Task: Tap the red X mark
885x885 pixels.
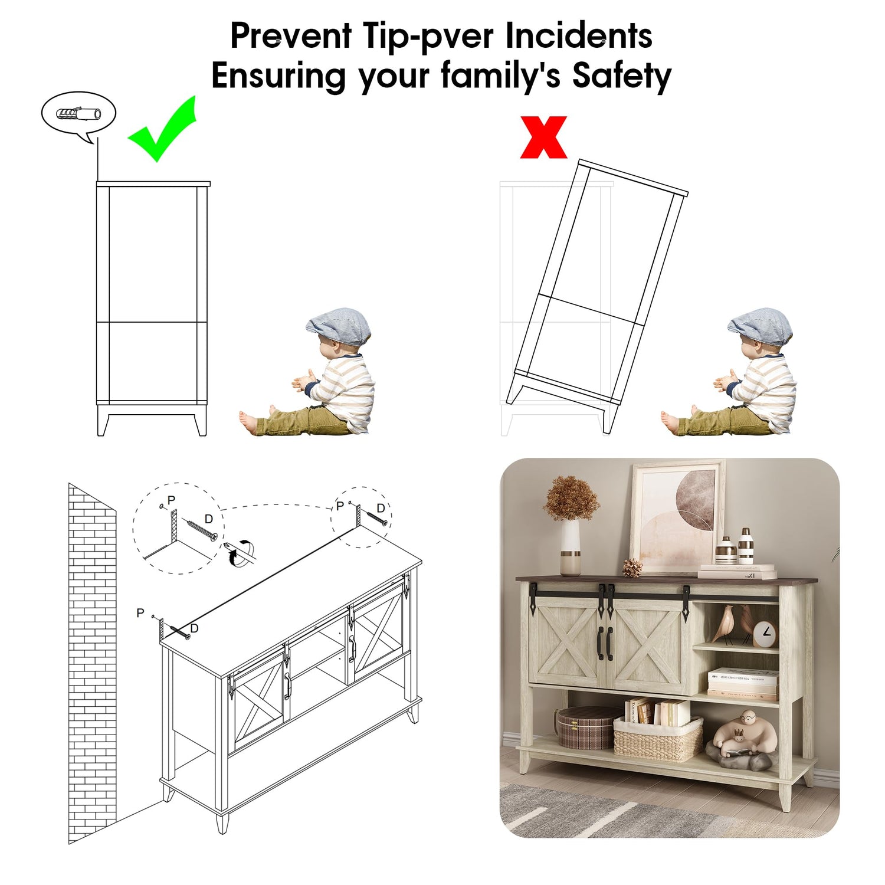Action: click(543, 137)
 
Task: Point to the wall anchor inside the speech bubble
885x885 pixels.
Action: click(78, 113)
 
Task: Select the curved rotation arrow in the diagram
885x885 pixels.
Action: click(239, 552)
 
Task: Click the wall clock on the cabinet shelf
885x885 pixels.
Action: click(765, 633)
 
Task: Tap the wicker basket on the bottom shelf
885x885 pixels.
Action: click(658, 739)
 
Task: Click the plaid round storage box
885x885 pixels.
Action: click(586, 727)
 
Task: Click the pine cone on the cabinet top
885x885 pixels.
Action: click(633, 568)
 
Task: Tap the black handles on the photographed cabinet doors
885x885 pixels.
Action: click(605, 643)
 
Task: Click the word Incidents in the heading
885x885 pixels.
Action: click(579, 36)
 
